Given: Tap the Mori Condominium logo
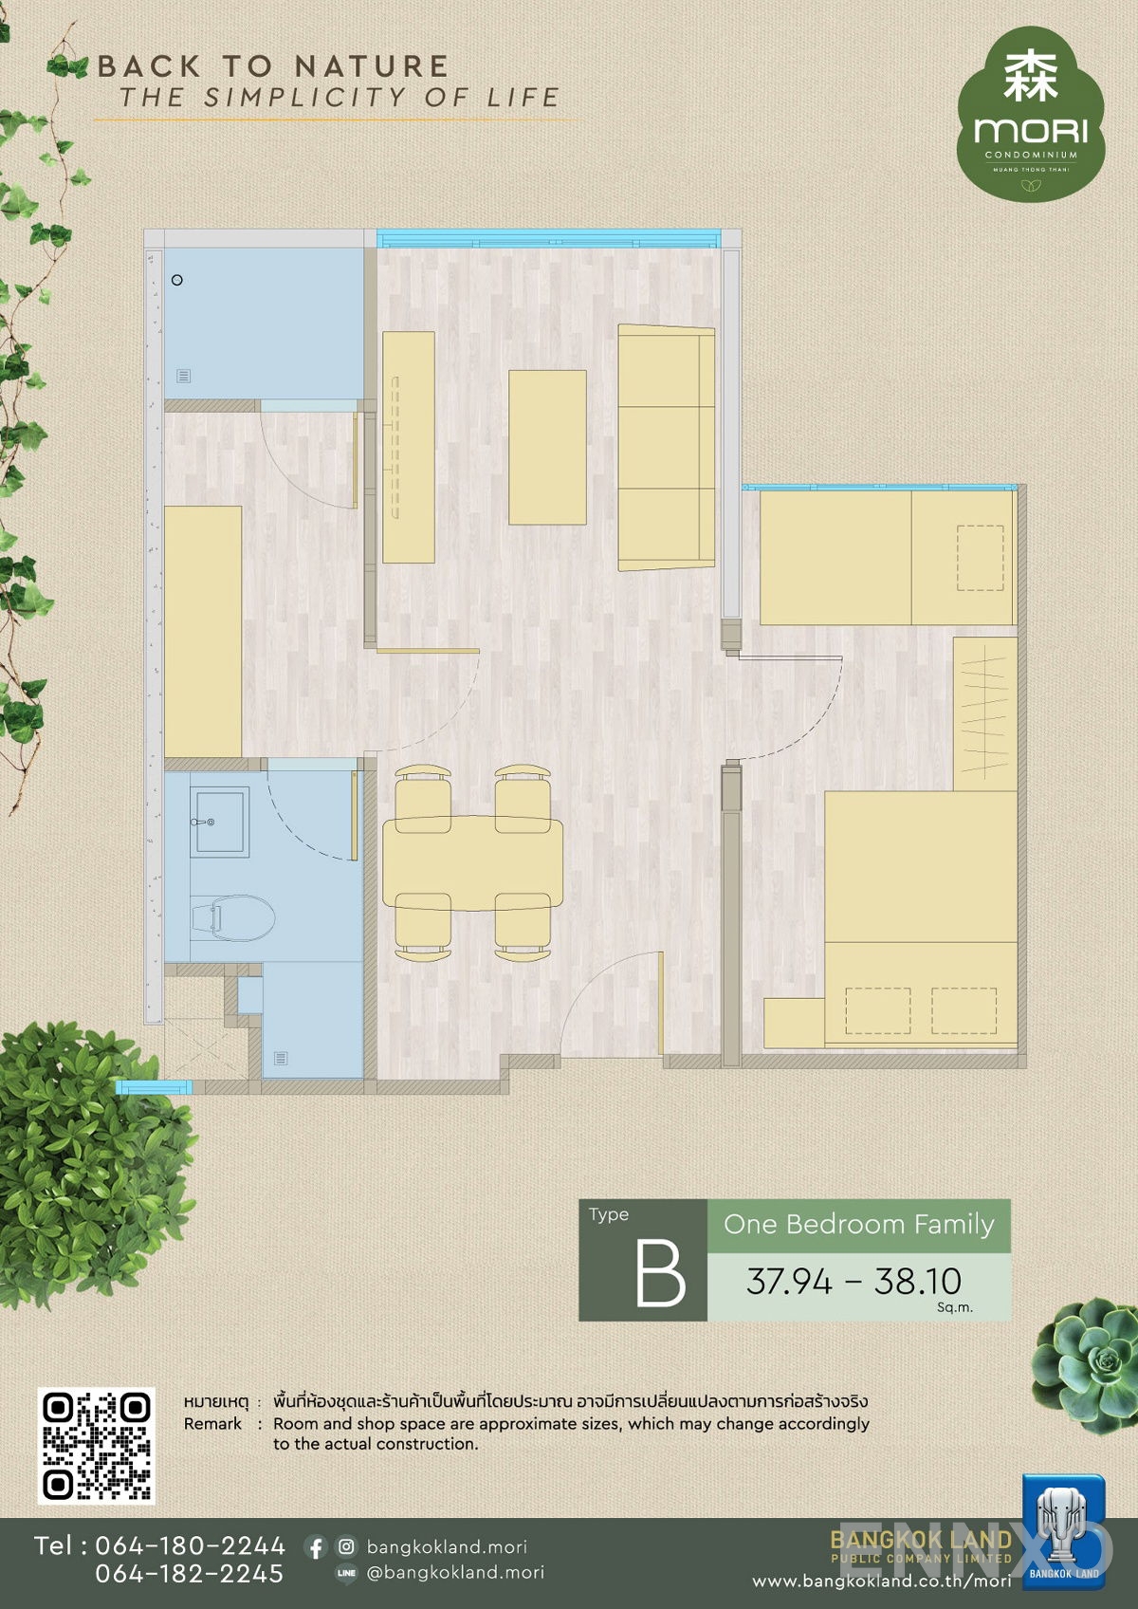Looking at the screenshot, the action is (x=1031, y=114).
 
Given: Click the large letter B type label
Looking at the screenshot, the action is (x=660, y=1273).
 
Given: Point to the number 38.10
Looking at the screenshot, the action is (x=918, y=1280).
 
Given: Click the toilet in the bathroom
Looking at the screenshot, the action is (x=233, y=917).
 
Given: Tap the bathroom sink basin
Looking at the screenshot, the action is (x=220, y=822).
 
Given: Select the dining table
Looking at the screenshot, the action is (x=472, y=862).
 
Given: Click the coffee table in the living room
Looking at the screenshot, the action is (x=547, y=447).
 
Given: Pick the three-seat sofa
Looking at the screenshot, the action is (x=667, y=447).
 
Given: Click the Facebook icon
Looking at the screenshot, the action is (x=315, y=1546).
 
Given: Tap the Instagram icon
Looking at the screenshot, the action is (x=347, y=1545).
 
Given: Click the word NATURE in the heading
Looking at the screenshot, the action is (x=372, y=66).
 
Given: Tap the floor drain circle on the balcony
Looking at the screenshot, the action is (x=176, y=280).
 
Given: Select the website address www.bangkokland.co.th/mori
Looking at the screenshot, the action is (x=882, y=1581).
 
